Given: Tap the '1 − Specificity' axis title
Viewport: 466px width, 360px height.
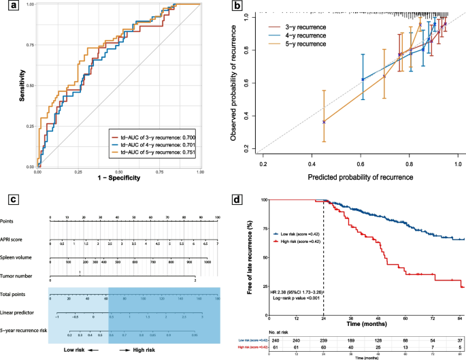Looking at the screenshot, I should click(118, 178).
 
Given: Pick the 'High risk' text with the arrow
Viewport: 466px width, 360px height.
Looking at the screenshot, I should click(137, 348).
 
